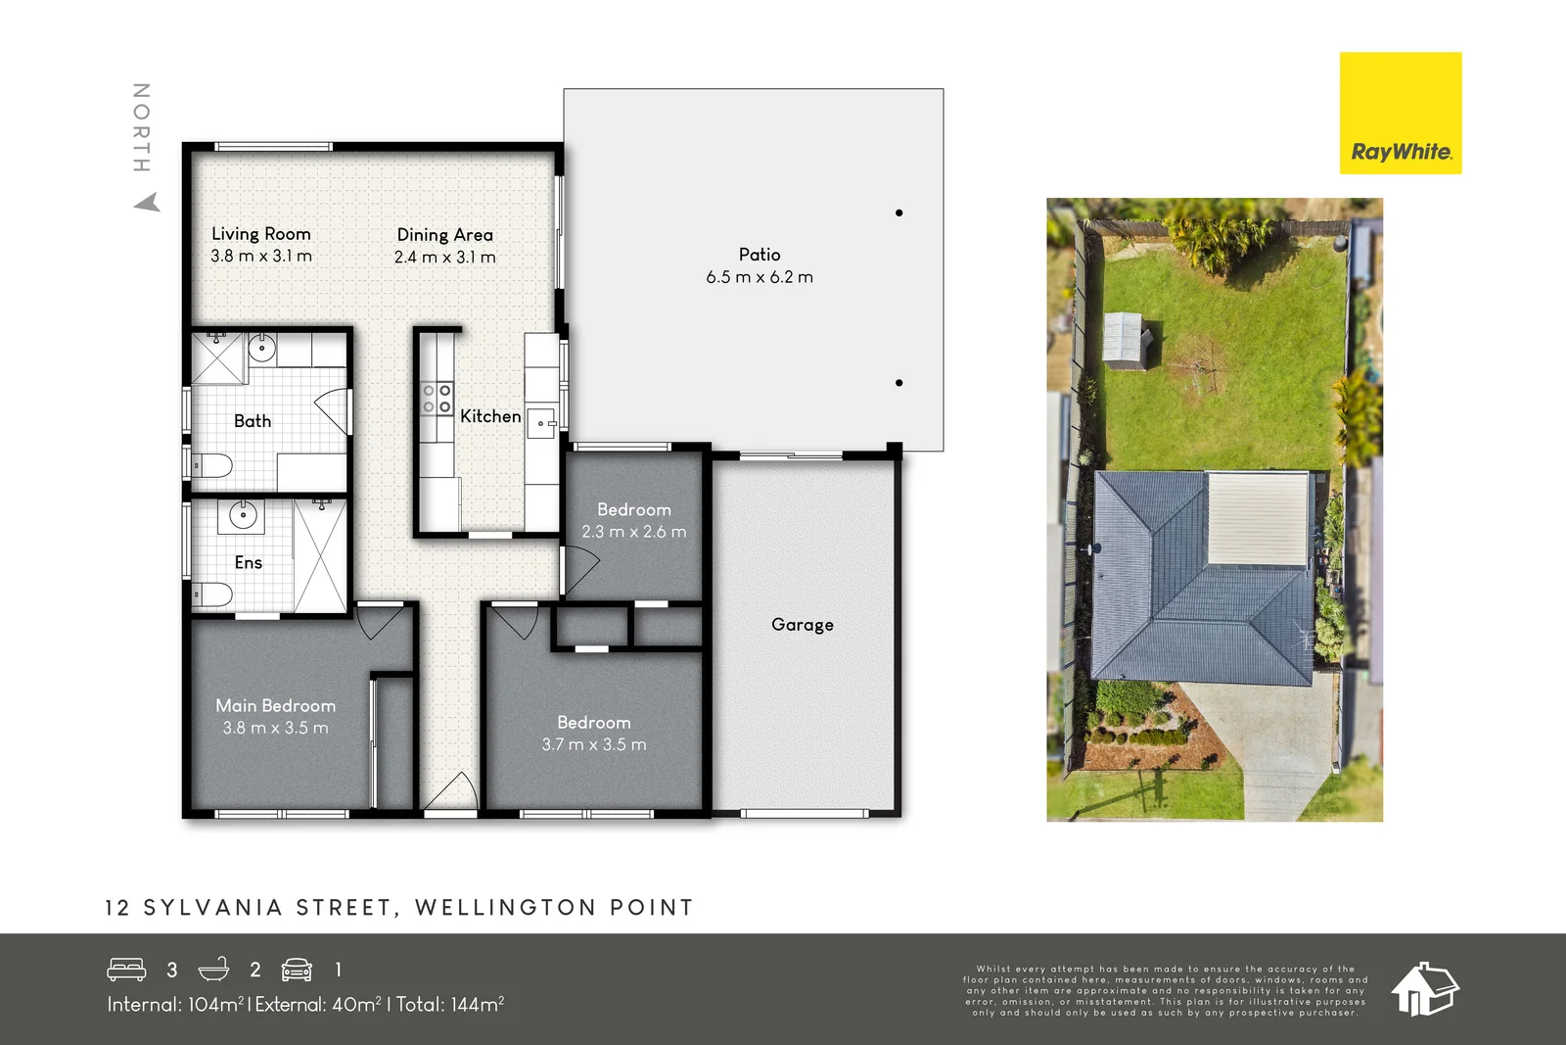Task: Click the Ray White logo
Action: [x=1400, y=114]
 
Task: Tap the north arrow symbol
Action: [x=147, y=203]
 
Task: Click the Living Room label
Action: [x=261, y=234]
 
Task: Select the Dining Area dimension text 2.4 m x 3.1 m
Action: [x=445, y=258]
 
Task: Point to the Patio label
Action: [x=760, y=255]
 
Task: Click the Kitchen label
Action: [x=490, y=416]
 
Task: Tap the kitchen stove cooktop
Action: [x=437, y=400]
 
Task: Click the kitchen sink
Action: [x=541, y=424]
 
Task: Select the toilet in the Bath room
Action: [x=212, y=465]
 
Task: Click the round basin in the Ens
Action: [x=242, y=514]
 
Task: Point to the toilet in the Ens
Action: [x=212, y=594]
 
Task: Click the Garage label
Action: [x=803, y=625]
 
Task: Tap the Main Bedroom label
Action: [x=276, y=706]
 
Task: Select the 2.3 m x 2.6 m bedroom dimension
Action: [x=634, y=532]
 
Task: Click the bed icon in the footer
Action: [x=126, y=970]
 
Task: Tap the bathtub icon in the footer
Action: [x=213, y=970]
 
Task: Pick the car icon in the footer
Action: [x=297, y=970]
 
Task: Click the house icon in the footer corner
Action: [x=1425, y=988]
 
